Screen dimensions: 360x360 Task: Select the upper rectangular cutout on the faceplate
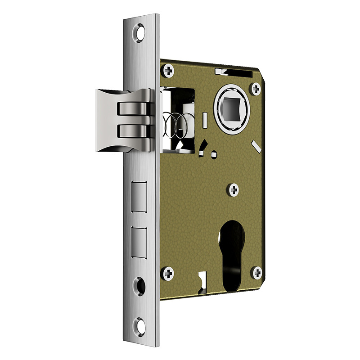tap(139, 197)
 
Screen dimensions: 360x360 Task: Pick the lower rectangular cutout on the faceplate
tap(139, 243)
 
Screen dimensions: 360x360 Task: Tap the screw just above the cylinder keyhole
tap(234, 191)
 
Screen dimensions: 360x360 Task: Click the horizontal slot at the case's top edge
tap(234, 72)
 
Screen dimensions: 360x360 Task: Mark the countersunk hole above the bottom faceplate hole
tap(140, 285)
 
